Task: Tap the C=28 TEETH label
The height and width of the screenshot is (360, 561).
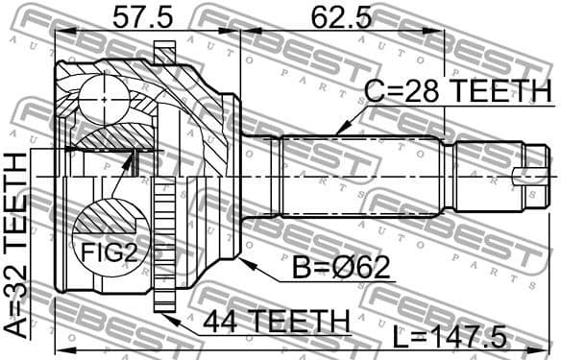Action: tap(457, 92)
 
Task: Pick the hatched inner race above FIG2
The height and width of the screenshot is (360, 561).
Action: tap(106, 140)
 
